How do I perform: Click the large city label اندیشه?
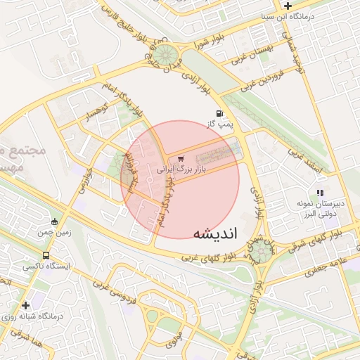(x=215, y=233)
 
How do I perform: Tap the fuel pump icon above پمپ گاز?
(x=221, y=114)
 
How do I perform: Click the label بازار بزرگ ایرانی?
(x=172, y=169)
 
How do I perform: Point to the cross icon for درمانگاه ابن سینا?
(x=288, y=5)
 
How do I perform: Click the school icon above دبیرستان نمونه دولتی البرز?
(x=320, y=192)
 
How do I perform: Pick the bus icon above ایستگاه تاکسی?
(x=46, y=255)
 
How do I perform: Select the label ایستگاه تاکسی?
(x=41, y=266)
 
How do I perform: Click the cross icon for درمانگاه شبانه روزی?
(x=25, y=305)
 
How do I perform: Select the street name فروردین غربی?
(x=260, y=79)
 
